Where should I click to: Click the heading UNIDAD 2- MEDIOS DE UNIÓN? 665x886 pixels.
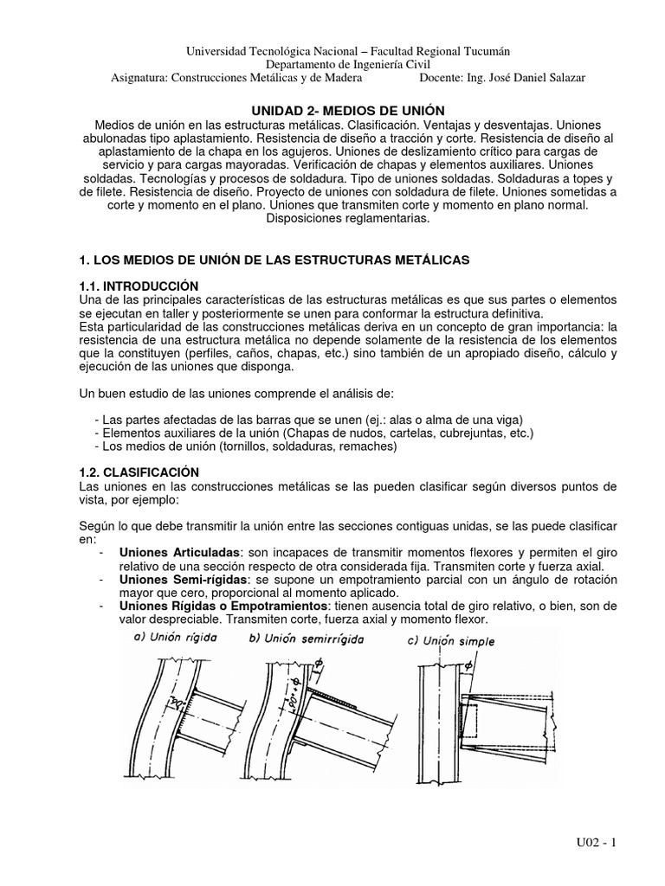tap(347, 110)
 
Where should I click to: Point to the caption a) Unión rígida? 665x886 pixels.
tap(174, 638)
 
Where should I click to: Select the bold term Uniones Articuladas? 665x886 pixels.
tap(178, 553)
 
